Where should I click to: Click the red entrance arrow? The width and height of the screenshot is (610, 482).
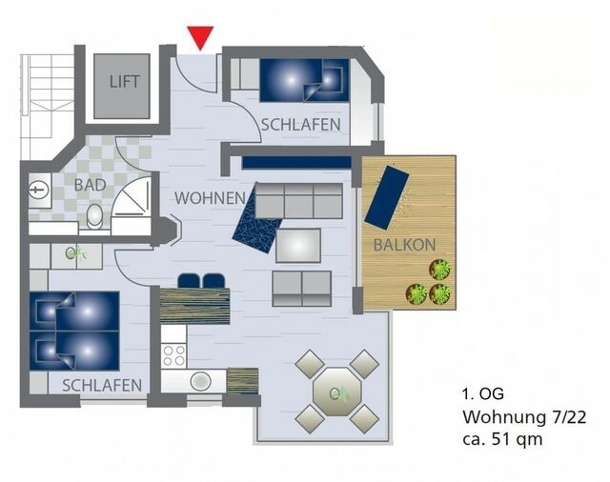point(200,36)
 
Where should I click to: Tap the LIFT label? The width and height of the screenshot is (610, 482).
point(122,82)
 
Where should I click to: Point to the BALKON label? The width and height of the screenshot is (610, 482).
point(404,245)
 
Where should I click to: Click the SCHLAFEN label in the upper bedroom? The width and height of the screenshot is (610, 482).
point(301,125)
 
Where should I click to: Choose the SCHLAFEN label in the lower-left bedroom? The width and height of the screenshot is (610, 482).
point(102,385)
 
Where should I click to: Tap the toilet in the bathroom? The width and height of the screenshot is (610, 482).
point(93,217)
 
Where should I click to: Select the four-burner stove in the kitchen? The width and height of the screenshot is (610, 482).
point(173,354)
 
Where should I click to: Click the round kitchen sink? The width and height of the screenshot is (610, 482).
point(201,381)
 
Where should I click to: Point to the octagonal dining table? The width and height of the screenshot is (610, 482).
point(336,391)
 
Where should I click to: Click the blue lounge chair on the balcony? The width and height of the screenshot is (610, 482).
point(387,196)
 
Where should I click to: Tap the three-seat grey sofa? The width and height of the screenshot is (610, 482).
point(298,200)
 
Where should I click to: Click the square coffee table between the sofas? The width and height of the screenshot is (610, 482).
point(298,245)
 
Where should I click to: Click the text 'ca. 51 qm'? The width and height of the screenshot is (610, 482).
point(502,439)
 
